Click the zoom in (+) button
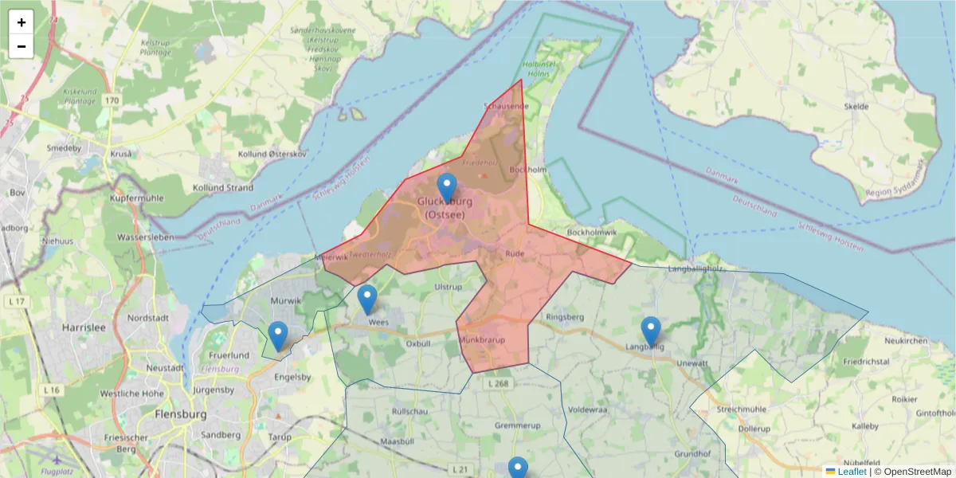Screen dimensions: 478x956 coord(22,22)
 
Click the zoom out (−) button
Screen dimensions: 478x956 coord(22,46)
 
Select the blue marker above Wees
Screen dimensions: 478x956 coord(366,300)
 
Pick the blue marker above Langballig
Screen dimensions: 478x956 coord(651,331)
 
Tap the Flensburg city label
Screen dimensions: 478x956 coord(181,415)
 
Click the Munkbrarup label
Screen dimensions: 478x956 coord(482,340)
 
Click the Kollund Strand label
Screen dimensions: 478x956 coord(223,188)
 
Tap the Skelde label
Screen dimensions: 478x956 coord(856,106)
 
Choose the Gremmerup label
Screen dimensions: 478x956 coord(518,426)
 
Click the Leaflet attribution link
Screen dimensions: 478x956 coord(851,472)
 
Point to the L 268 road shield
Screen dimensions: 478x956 coord(500,383)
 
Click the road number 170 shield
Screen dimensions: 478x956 coord(111,100)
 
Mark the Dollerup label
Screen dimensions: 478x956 coord(754,429)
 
